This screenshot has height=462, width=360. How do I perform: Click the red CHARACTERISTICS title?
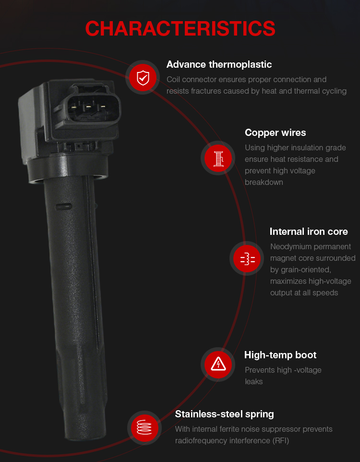pyautogui.click(x=180, y=29)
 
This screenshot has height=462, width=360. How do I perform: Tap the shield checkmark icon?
pyautogui.click(x=143, y=78)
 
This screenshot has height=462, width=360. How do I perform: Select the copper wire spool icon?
pyautogui.click(x=218, y=158)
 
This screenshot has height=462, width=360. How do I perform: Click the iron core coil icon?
pyautogui.click(x=248, y=259)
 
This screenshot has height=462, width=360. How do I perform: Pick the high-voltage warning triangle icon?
pyautogui.click(x=218, y=364)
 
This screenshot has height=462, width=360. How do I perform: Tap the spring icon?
pyautogui.click(x=144, y=427)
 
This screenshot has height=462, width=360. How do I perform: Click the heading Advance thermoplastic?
pyautogui.click(x=219, y=64)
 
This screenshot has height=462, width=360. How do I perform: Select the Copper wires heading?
pyautogui.click(x=275, y=133)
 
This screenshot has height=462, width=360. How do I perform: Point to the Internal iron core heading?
pyautogui.click(x=309, y=231)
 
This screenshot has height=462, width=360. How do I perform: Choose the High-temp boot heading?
pyautogui.click(x=280, y=355)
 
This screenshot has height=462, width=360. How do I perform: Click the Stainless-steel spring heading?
pyautogui.click(x=224, y=414)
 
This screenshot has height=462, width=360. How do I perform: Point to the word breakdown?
pyautogui.click(x=264, y=182)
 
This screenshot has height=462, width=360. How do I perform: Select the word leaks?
pyautogui.click(x=253, y=382)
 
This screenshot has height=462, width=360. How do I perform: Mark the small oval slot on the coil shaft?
pyautogui.click(x=63, y=207)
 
